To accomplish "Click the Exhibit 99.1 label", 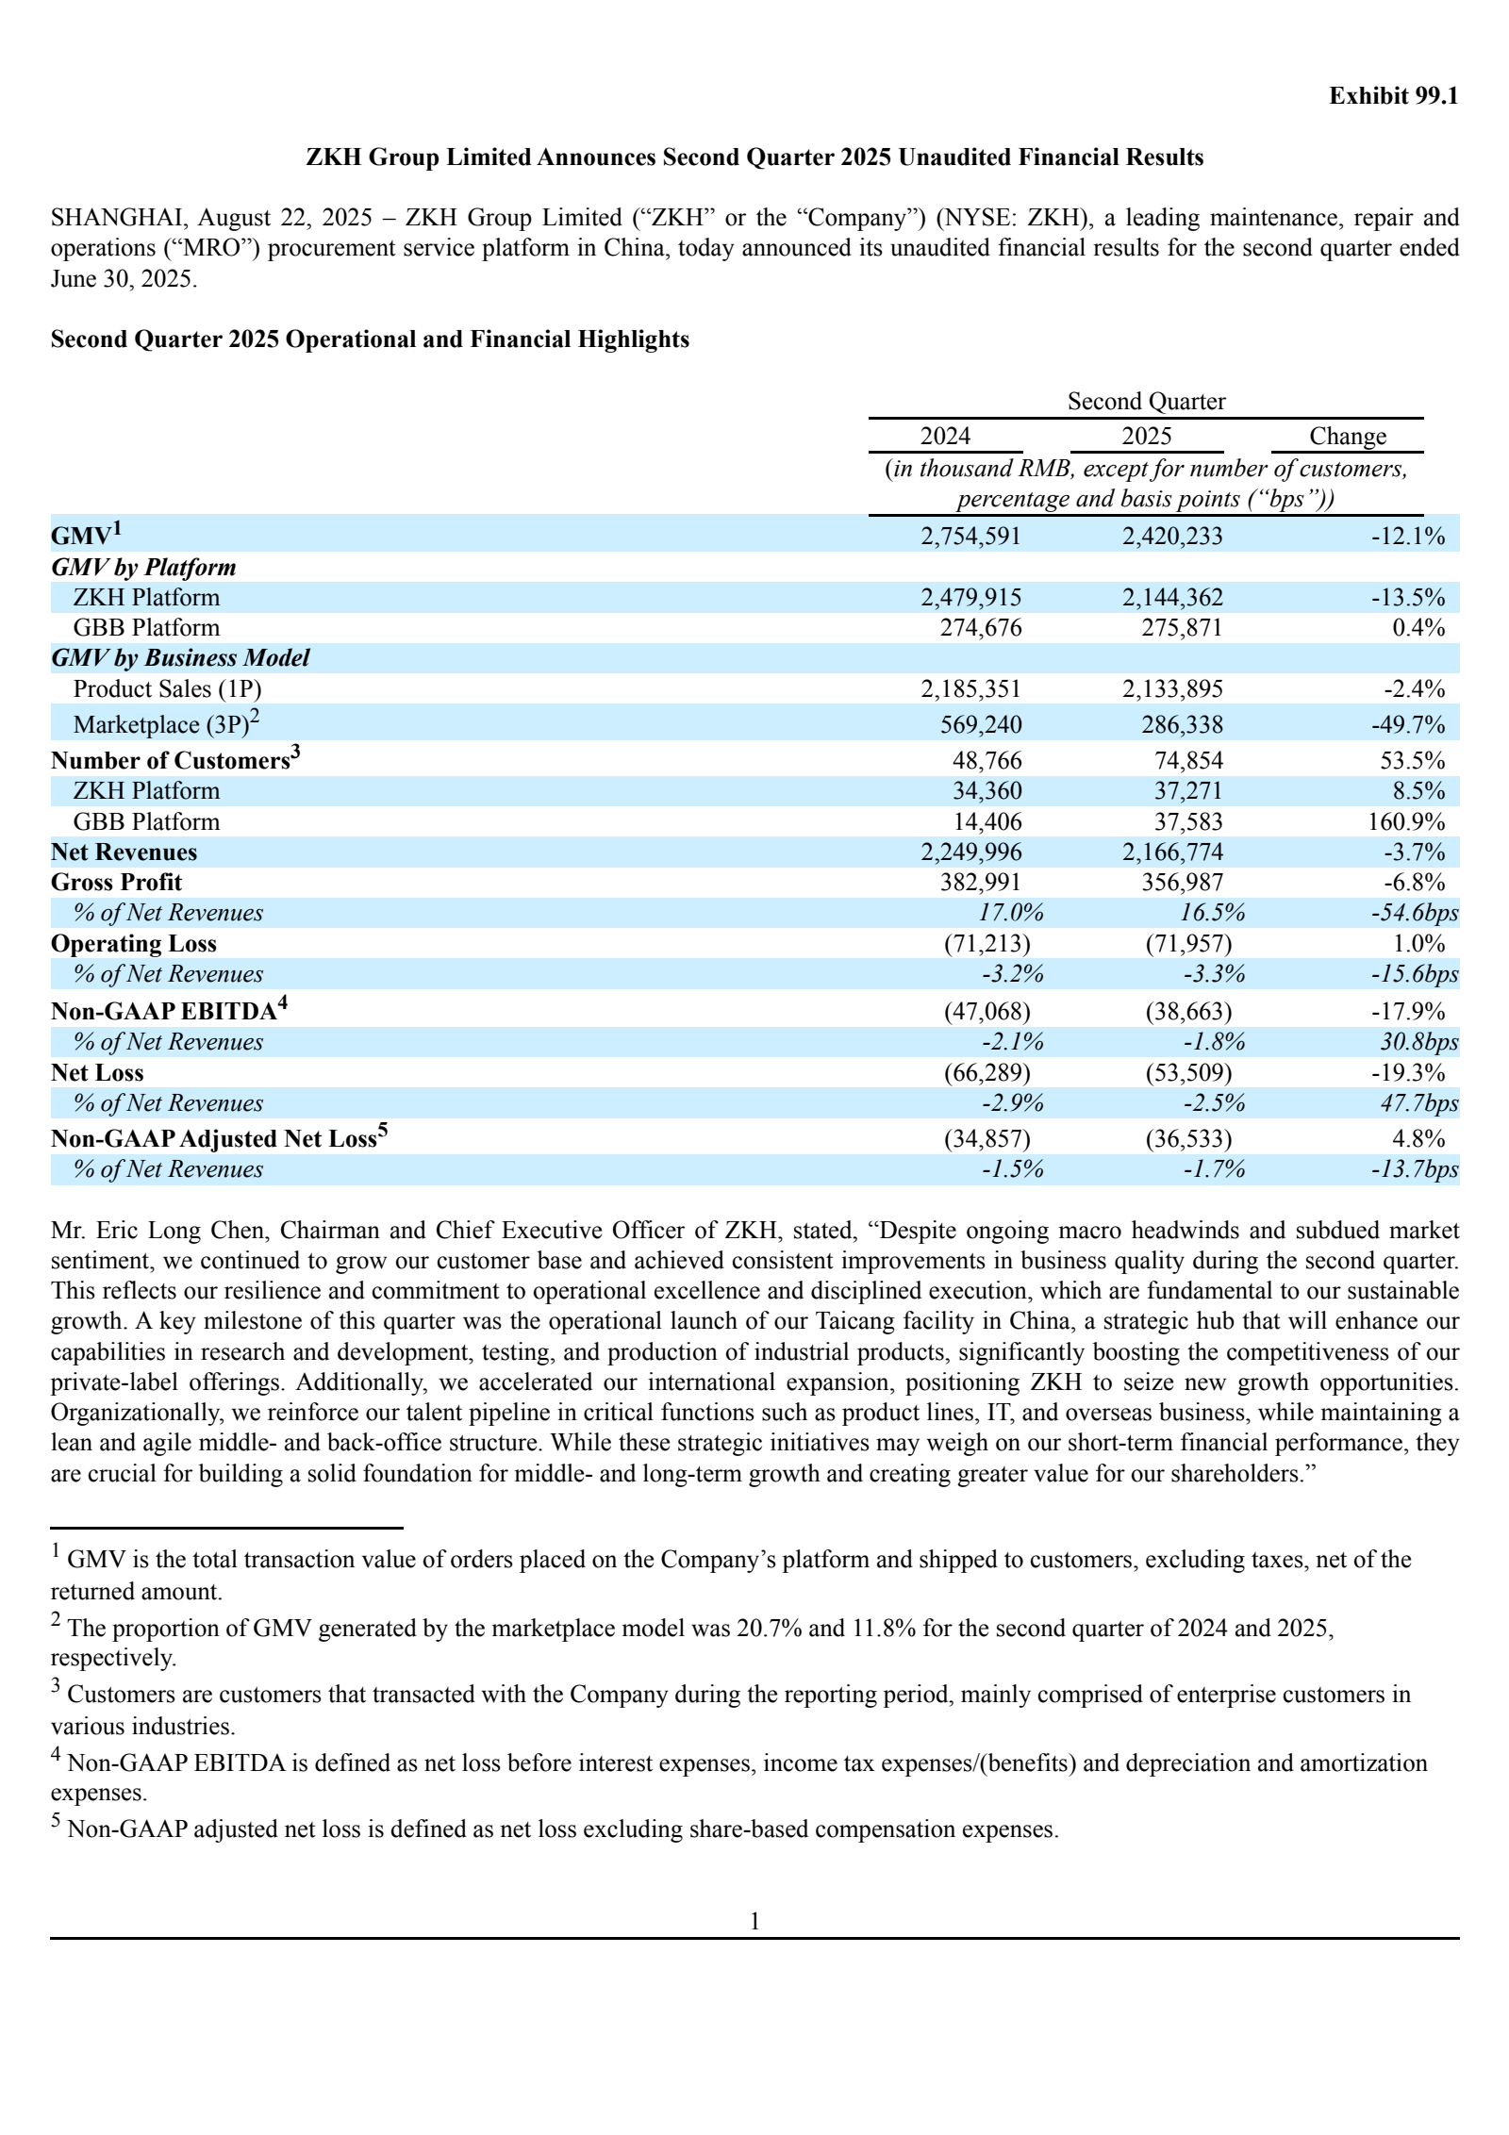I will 1393,96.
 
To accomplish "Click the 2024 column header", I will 945,437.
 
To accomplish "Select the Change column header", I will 1347,437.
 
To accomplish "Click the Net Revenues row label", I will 124,852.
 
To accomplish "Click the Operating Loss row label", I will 133,944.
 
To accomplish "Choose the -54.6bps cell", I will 1414,913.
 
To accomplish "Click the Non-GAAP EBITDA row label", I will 163,1012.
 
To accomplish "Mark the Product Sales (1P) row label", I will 167,689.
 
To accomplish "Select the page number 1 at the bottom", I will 754,1921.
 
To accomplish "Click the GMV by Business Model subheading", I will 179,658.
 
